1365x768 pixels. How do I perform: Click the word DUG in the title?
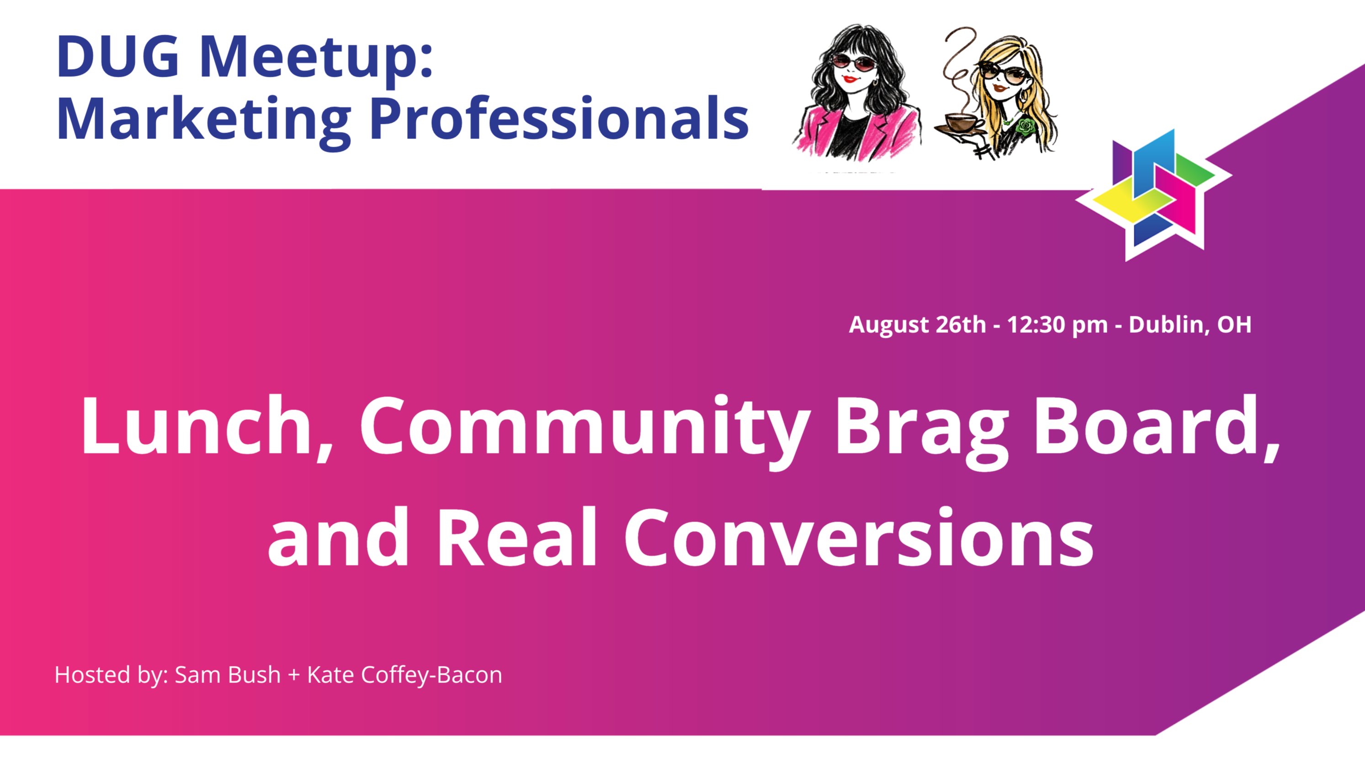(117, 57)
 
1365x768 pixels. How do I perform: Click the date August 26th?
(917, 325)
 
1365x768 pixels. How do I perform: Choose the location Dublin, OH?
(1190, 325)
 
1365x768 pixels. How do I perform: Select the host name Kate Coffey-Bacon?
(404, 675)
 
